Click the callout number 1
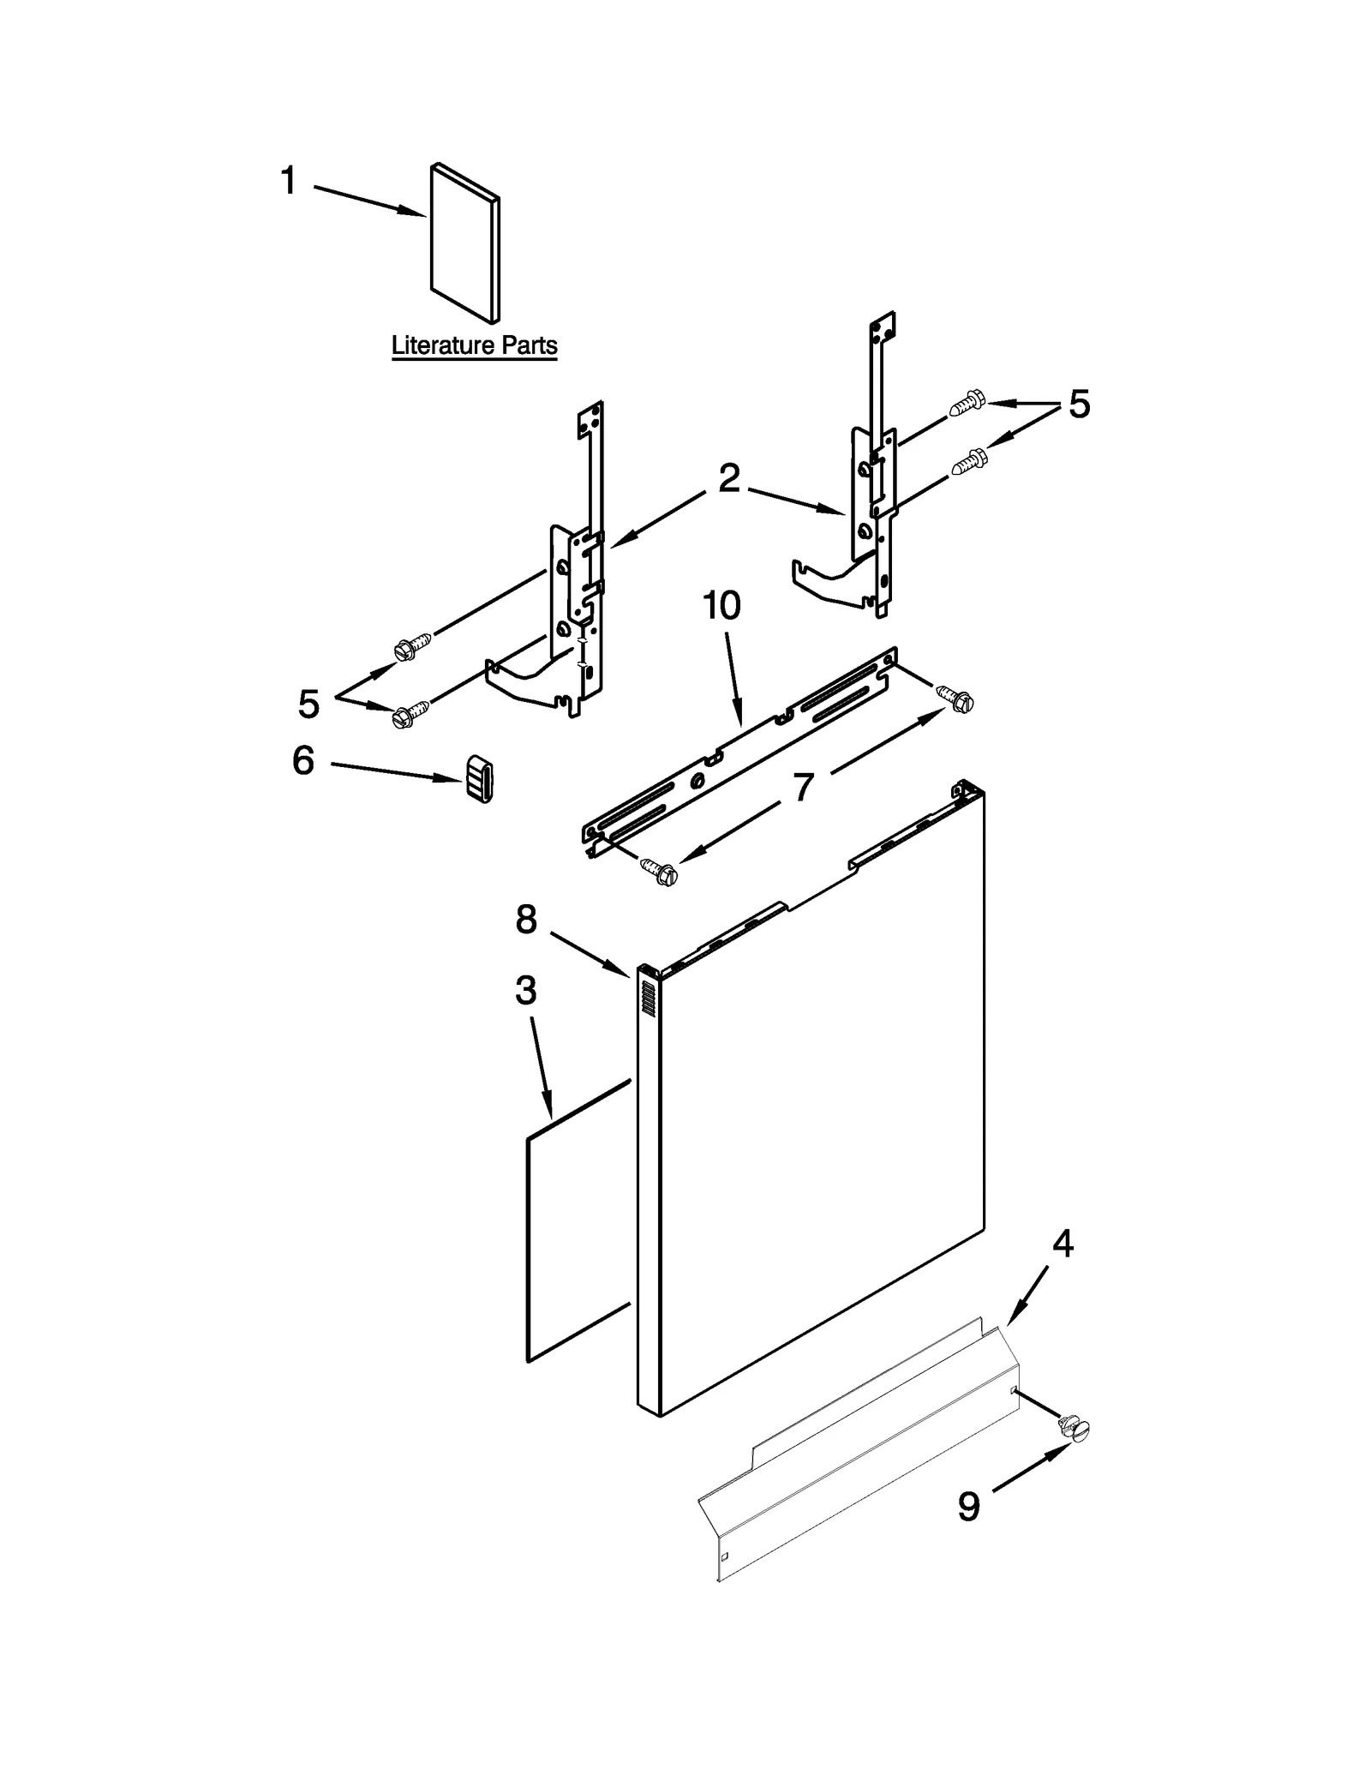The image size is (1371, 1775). pos(289,181)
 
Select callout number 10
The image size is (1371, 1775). pos(721,606)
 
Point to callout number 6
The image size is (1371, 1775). pos(303,760)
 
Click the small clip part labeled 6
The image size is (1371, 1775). pos(480,779)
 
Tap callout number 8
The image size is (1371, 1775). pos(526,920)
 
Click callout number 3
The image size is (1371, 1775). pos(525,991)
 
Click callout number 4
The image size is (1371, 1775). pos(1062,1243)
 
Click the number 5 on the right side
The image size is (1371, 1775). pos(1079,405)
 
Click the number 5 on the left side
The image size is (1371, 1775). pos(308,704)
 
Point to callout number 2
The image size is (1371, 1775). pos(728,478)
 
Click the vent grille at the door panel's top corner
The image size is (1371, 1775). pos(649,999)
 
